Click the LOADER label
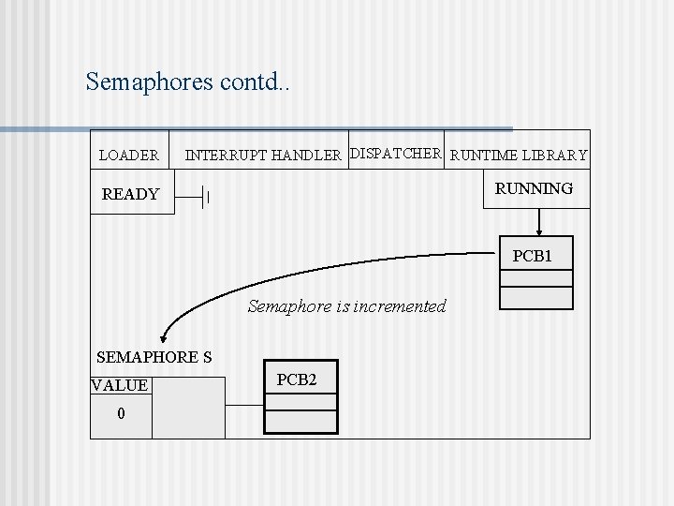[129, 156]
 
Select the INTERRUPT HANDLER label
[263, 156]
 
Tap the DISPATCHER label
[395, 153]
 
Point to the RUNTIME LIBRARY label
[519, 156]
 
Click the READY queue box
[131, 195]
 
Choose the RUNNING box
[534, 189]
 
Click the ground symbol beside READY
[201, 198]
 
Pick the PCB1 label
[533, 256]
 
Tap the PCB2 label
[297, 379]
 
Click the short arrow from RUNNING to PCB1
[538, 221]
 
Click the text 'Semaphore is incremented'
[347, 306]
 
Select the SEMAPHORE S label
[154, 357]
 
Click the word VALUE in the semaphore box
[120, 385]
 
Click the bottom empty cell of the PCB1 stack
[535, 298]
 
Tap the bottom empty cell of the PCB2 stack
[300, 422]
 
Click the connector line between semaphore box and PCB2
[244, 405]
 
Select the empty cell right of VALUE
[188, 408]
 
